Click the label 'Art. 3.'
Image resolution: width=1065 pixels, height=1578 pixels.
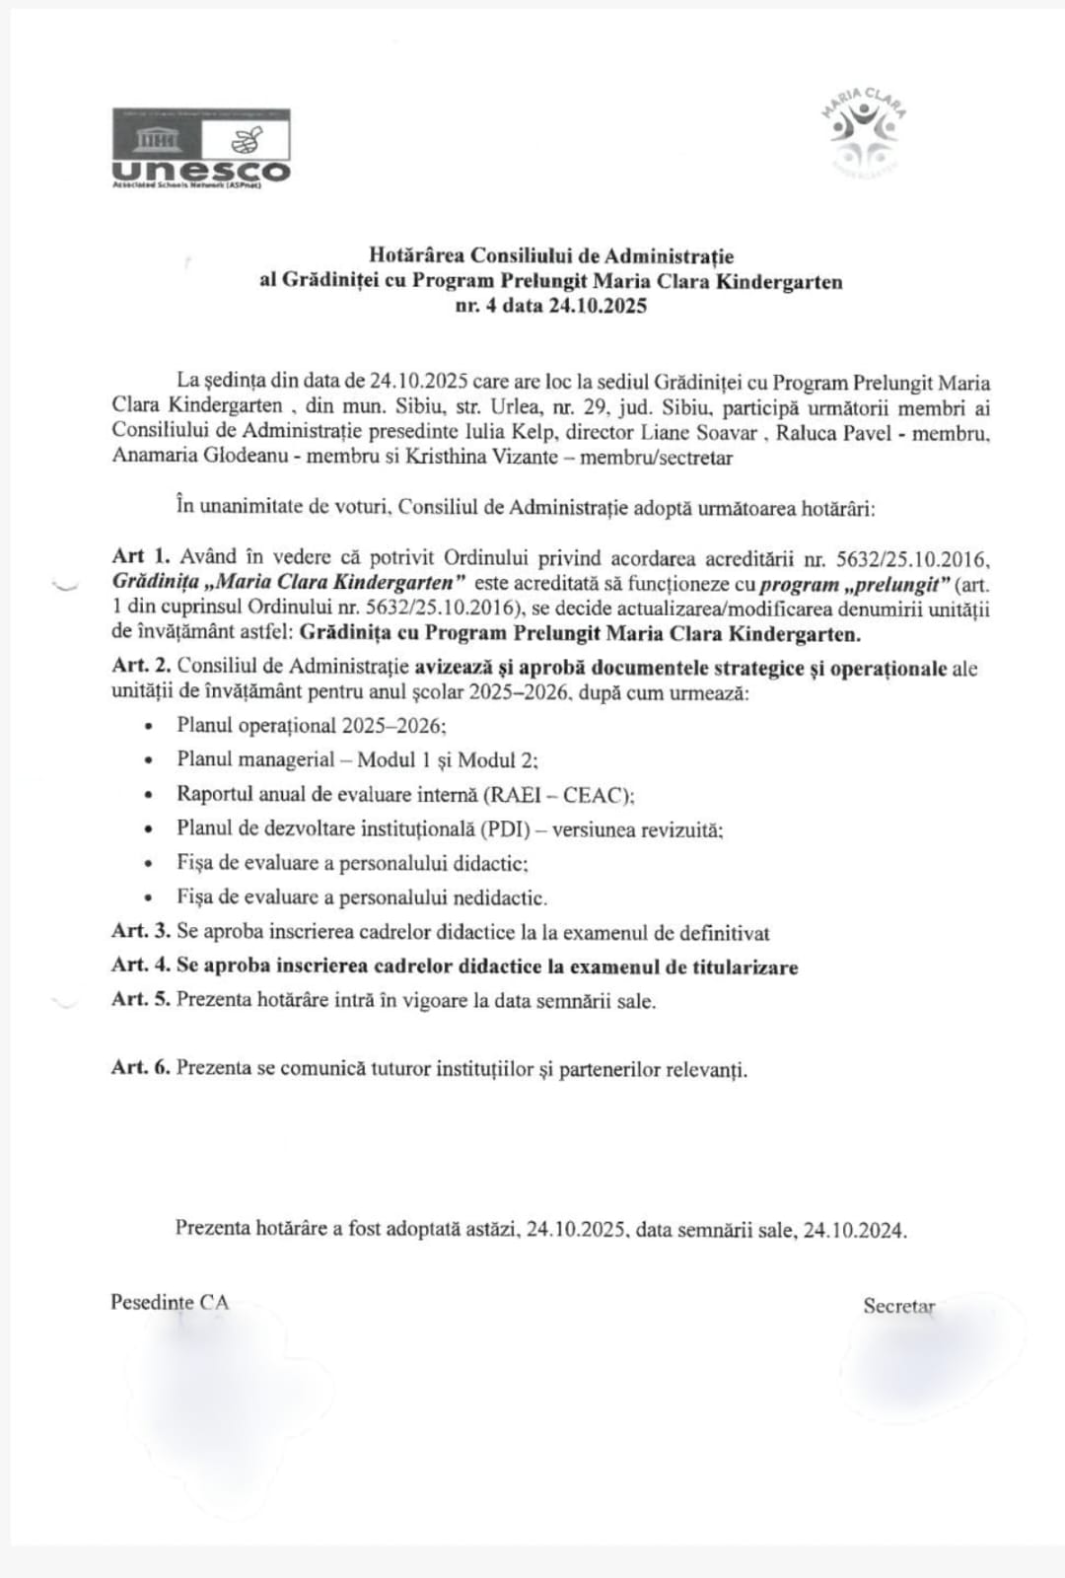[141, 932]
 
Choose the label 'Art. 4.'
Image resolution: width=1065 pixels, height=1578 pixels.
[141, 967]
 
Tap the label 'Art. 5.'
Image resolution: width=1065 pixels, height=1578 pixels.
[141, 1000]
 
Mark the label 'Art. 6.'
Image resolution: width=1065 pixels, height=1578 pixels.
[141, 1068]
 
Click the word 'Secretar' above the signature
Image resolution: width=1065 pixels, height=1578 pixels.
[898, 1306]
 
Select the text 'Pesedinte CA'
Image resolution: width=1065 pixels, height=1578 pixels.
[170, 1302]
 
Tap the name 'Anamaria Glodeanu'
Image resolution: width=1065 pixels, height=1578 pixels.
[205, 456]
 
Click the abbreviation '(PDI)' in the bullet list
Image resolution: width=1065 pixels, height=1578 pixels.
[512, 829]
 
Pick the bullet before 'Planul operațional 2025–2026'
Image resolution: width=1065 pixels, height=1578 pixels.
[149, 726]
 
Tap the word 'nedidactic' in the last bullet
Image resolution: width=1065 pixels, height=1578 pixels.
[499, 897]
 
